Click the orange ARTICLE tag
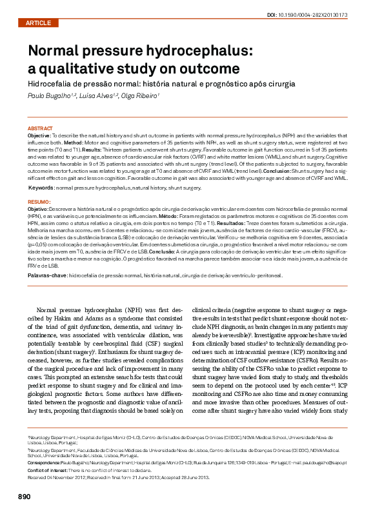pos(38,23)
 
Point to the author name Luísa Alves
pos(98,95)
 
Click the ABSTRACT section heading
pos(41,129)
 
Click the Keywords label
pos(41,187)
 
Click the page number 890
pos(24,497)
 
